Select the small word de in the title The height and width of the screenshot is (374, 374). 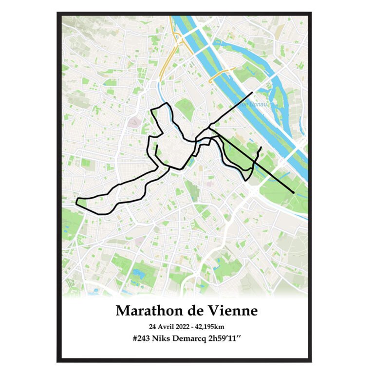tap(190, 311)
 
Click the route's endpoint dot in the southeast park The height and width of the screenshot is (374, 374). tap(293, 192)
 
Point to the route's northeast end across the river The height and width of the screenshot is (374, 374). tap(252, 92)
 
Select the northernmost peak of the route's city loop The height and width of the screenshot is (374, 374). tap(167, 103)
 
